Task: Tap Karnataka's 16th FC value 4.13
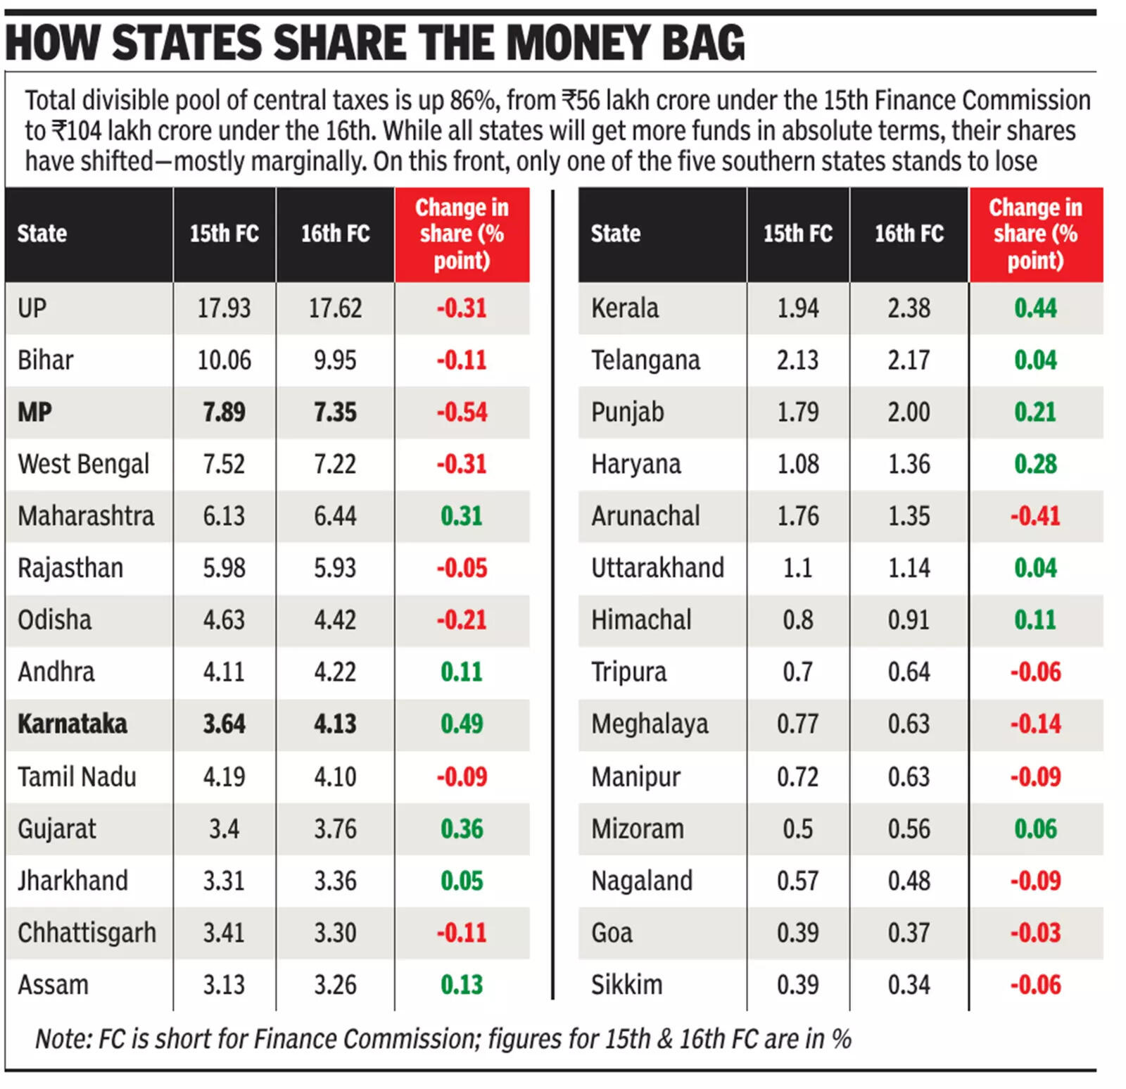tap(335, 724)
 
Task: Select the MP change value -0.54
tap(462, 413)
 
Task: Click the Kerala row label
tap(625, 308)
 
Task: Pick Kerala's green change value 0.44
tap(1035, 308)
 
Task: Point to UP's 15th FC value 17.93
tap(224, 308)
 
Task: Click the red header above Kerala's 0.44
tap(1035, 234)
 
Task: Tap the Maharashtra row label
tap(86, 516)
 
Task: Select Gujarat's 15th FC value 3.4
tap(224, 829)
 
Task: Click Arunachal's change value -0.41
tap(1035, 516)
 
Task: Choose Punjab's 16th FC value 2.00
tap(909, 413)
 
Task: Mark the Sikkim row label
tap(626, 985)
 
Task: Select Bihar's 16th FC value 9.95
tap(335, 360)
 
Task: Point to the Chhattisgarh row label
tap(87, 933)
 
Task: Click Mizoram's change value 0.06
tap(1035, 829)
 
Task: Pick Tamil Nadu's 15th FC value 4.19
tap(224, 777)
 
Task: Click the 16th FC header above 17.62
tap(335, 234)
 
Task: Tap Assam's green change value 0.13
tap(462, 985)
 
